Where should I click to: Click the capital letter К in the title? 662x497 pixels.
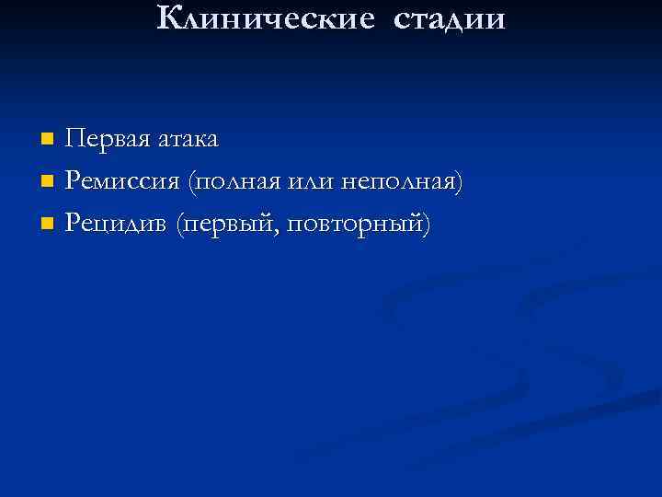[x=169, y=17]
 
